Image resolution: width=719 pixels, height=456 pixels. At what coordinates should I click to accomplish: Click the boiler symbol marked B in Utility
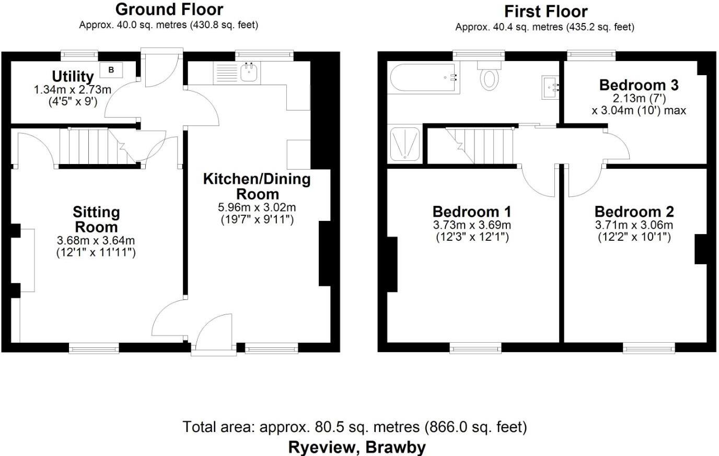pos(111,69)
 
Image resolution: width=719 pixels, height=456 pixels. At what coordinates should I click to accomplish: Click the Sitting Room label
pos(96,220)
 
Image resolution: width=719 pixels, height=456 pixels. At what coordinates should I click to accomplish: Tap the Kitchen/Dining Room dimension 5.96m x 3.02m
pos(257,208)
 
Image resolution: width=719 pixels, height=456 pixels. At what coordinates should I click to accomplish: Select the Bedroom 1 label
pos(472,212)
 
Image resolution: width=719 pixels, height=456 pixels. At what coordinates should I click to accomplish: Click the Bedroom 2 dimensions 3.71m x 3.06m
pos(634,225)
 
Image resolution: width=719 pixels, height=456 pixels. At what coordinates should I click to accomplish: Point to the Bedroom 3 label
pos(639,85)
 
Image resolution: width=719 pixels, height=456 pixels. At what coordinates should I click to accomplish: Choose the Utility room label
pos(73,77)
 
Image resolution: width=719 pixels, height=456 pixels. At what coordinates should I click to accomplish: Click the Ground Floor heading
pos(169,9)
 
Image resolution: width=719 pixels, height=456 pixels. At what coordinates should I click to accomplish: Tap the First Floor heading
pos(546,11)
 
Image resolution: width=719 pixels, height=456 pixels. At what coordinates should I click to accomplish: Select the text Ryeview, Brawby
pos(357,447)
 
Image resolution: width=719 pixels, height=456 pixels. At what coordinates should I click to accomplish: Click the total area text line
pos(355,427)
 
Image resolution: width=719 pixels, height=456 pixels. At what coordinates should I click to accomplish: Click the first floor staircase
pos(483,146)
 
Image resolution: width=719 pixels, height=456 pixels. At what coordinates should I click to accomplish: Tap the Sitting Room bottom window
pos(94,348)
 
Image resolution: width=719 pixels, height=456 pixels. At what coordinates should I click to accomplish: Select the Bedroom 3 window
pos(591,53)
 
